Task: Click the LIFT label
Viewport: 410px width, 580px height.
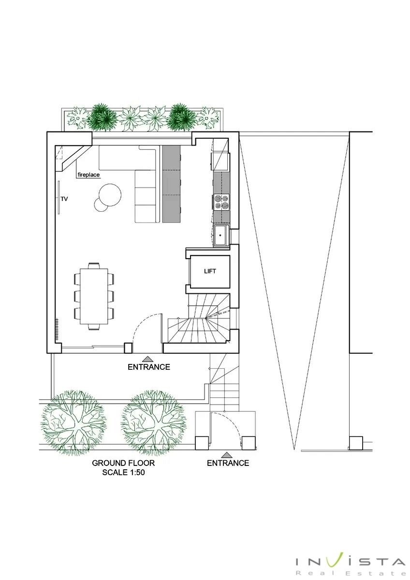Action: click(210, 271)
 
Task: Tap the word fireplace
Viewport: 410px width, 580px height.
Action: click(88, 175)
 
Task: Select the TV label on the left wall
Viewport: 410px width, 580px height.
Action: click(64, 199)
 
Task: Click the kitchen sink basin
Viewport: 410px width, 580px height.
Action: click(220, 235)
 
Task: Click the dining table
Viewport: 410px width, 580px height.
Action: click(94, 296)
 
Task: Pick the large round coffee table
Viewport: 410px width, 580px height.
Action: click(110, 195)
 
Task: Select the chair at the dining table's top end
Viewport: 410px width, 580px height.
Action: click(94, 266)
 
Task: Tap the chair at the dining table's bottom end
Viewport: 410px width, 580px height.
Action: click(94, 327)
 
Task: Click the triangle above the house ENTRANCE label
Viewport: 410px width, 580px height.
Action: click(148, 359)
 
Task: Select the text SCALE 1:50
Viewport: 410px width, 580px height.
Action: click(123, 472)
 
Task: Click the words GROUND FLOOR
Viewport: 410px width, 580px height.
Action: click(123, 463)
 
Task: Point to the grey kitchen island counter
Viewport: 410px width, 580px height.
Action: click(172, 184)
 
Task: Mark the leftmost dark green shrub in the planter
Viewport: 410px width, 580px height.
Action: click(102, 118)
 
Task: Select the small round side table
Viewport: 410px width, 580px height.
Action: click(101, 204)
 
